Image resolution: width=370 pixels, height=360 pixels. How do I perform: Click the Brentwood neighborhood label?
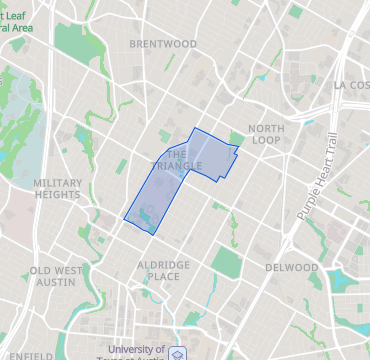(163, 44)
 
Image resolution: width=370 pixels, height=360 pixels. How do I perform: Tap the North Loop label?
(266, 135)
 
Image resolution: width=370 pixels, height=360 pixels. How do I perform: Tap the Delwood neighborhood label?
(292, 268)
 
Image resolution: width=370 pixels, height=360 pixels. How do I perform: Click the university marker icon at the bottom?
(177, 354)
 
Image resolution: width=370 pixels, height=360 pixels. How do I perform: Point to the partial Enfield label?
(33, 355)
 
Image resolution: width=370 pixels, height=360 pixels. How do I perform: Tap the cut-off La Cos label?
(352, 85)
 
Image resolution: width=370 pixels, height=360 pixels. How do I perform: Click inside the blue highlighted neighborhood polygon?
(200, 160)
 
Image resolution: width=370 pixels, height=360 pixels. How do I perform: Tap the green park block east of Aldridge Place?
(227, 264)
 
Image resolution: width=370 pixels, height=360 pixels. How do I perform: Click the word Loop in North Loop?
(266, 141)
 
